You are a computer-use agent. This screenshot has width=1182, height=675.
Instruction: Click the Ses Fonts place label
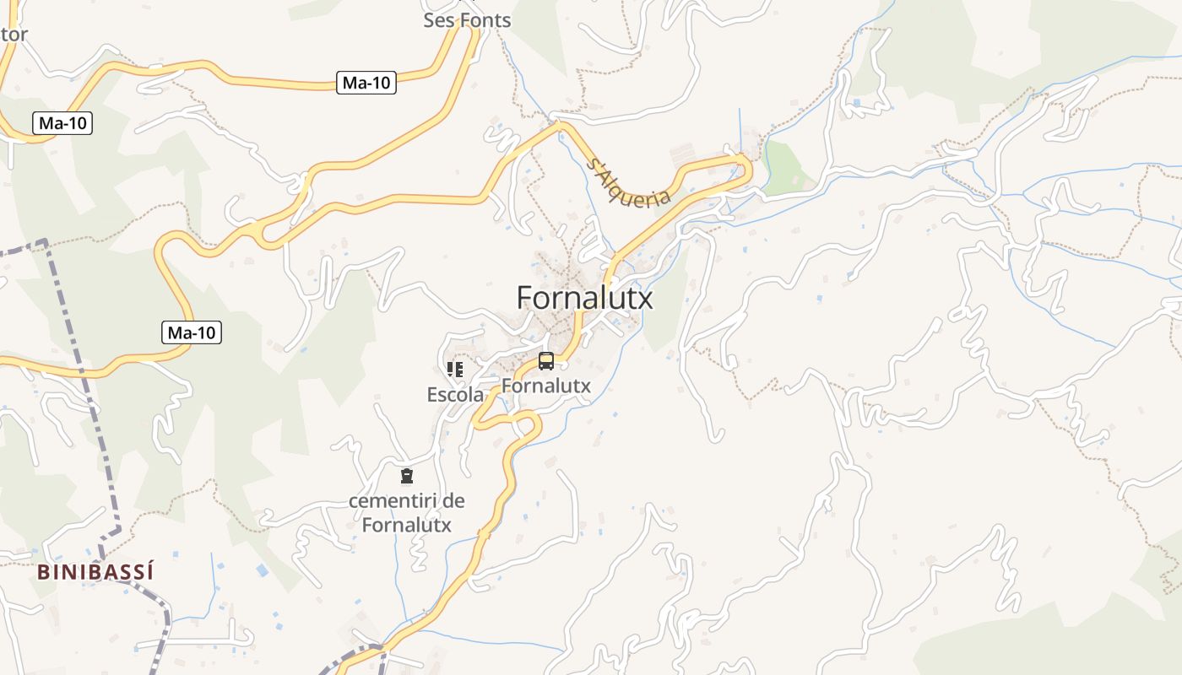click(467, 19)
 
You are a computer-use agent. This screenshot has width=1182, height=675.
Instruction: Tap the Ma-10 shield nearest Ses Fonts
click(366, 83)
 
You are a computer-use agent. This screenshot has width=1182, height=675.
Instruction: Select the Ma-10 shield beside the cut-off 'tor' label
click(62, 123)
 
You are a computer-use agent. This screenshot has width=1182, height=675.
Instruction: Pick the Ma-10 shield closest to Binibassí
click(191, 332)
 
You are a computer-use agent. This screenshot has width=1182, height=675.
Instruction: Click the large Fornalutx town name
click(584, 297)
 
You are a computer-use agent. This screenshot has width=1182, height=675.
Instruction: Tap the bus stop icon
click(546, 361)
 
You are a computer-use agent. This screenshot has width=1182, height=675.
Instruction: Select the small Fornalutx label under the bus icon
click(545, 386)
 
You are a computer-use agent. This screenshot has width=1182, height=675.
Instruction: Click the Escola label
click(455, 394)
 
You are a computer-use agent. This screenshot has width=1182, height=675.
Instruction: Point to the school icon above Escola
click(455, 369)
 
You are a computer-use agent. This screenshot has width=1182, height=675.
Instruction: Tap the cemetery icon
click(407, 476)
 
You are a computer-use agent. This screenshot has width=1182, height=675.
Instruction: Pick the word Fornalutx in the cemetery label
click(407, 525)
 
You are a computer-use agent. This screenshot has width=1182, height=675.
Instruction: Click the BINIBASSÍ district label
click(95, 572)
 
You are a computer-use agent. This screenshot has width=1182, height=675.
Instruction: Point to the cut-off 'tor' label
click(14, 35)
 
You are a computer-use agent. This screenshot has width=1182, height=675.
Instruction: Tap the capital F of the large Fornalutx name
click(524, 297)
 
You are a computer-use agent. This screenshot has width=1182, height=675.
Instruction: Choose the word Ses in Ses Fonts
click(439, 19)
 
